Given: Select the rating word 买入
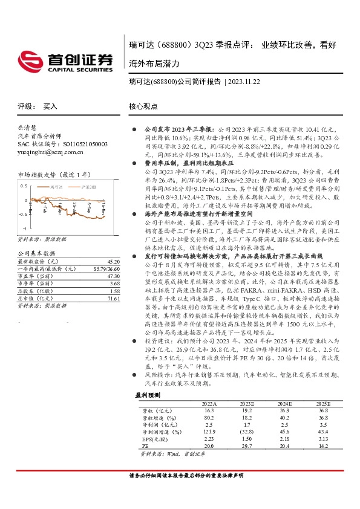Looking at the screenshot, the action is (x=50, y=106).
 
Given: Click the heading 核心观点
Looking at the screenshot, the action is (x=143, y=106).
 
